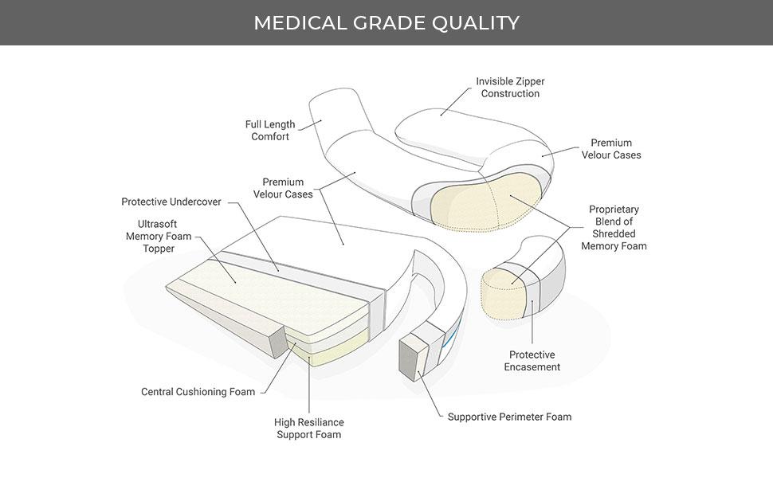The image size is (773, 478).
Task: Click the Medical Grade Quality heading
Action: [386, 22]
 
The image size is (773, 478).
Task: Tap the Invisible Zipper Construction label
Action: [510, 88]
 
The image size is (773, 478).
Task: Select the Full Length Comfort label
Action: [270, 131]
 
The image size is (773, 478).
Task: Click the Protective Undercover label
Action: [171, 202]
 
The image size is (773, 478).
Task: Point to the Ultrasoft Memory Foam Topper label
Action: [158, 236]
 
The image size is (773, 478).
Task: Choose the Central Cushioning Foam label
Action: [198, 392]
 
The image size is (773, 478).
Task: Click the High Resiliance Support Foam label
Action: [308, 429]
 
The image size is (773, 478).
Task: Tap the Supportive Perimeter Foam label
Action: [509, 417]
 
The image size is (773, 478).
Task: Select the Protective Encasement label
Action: [532, 361]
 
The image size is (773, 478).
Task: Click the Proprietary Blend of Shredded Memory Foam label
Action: [614, 228]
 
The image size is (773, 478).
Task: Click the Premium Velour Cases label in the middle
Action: [283, 188]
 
